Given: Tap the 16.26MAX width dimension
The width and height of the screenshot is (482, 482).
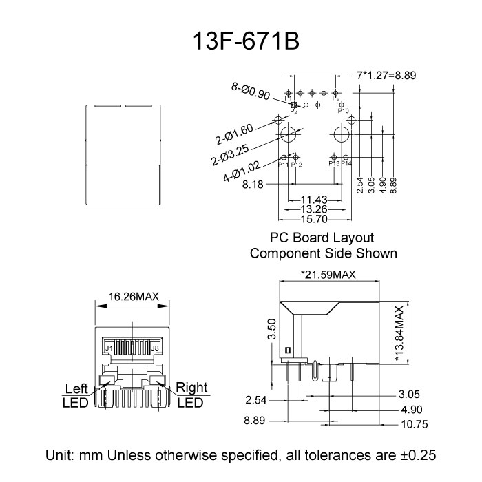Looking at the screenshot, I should [x=134, y=297].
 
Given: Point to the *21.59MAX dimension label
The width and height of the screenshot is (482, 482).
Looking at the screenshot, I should [x=328, y=275].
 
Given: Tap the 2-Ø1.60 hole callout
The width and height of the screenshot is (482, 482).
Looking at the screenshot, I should [x=234, y=132].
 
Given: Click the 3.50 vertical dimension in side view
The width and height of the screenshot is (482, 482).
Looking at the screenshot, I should [x=271, y=331].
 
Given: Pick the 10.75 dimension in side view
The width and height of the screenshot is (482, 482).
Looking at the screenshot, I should [x=414, y=424].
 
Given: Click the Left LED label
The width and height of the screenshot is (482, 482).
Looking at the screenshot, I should [x=76, y=394].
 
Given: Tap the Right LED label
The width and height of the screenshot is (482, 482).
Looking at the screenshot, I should [x=191, y=394].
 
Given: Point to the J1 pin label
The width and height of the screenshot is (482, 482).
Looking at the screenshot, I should [x=108, y=349].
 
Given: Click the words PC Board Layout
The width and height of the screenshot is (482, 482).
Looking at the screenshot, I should [x=322, y=238].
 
